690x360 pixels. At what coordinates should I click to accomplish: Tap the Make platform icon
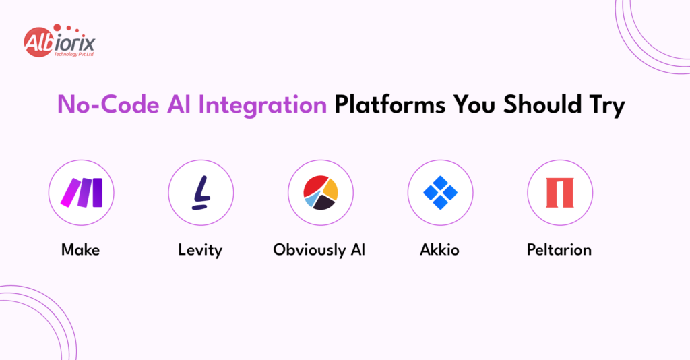click(x=81, y=193)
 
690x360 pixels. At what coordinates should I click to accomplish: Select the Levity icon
click(x=201, y=193)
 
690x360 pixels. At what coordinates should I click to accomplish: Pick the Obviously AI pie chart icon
click(x=321, y=193)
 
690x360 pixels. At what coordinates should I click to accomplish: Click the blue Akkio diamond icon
click(x=441, y=193)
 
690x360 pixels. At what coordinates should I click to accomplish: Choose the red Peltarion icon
click(x=560, y=193)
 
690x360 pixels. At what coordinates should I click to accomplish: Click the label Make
click(x=80, y=250)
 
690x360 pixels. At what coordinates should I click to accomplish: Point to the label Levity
click(x=200, y=250)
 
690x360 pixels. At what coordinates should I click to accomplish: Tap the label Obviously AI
click(x=319, y=250)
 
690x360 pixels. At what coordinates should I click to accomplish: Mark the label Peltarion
click(x=559, y=250)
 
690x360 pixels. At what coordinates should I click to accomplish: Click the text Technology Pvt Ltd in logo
click(x=73, y=53)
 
